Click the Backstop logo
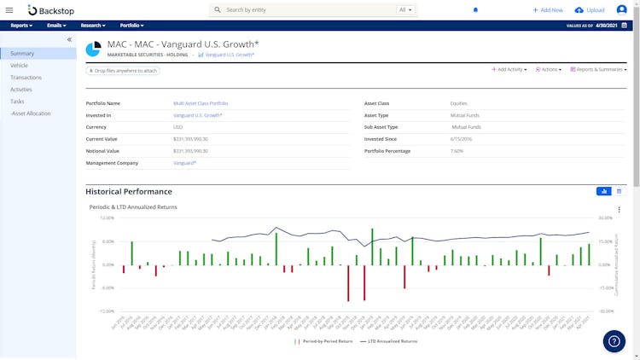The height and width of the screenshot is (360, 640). [49, 10]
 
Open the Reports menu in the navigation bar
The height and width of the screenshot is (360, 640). [21, 26]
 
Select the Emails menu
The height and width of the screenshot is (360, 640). [57, 26]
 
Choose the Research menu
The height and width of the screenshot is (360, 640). [93, 26]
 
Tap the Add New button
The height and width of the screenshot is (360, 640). [548, 10]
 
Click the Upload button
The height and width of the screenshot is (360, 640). [590, 10]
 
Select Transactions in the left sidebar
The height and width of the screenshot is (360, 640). [26, 78]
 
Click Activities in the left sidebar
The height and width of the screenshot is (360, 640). [21, 90]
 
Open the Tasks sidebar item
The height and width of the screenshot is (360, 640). [17, 102]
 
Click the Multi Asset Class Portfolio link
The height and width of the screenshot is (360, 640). [201, 103]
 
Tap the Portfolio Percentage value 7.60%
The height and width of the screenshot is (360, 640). [457, 151]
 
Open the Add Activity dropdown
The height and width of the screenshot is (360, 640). [509, 69]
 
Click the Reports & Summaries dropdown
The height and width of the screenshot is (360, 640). [597, 69]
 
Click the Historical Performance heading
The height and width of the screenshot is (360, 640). [129, 192]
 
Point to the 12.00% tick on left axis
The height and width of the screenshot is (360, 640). [107, 218]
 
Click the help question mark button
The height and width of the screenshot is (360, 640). [614, 341]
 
